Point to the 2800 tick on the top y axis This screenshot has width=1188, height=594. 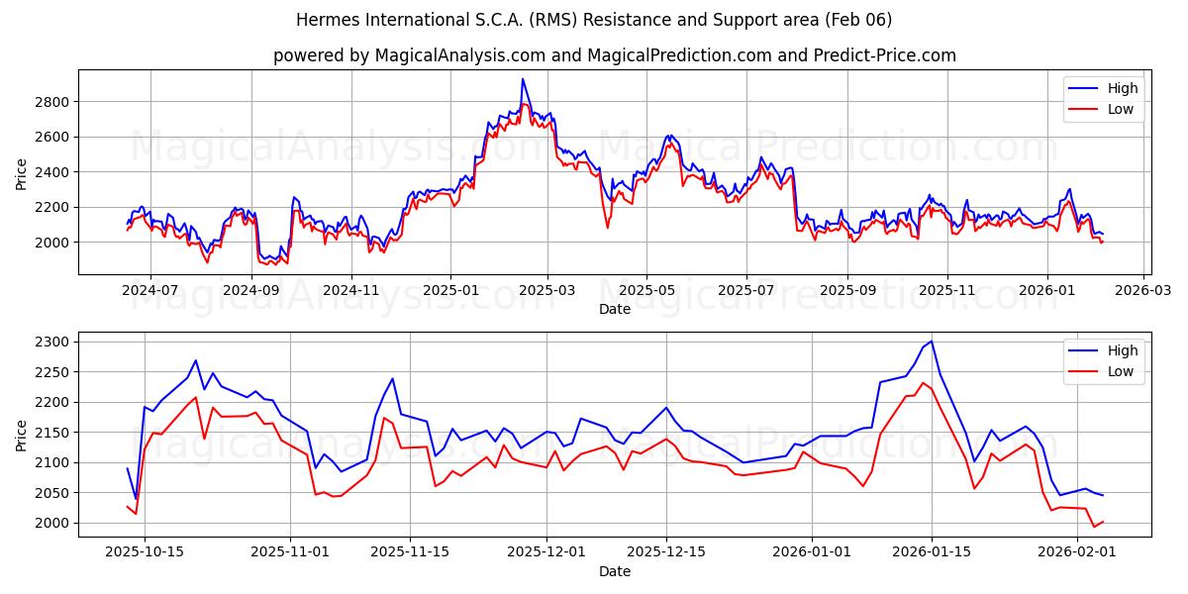coord(51,102)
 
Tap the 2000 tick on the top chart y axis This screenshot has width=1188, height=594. coord(51,243)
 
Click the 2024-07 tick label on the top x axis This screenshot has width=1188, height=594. coord(150,290)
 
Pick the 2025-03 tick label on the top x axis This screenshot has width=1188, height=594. coord(547,290)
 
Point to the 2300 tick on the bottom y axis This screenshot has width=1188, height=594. coord(51,343)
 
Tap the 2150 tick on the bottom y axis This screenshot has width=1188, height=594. coord(51,433)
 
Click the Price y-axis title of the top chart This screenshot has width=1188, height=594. coord(22,172)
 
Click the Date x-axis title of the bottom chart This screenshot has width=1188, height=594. coord(615,571)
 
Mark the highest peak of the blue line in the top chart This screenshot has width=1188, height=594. coord(523,79)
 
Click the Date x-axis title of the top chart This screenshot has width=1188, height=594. coord(615,309)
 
